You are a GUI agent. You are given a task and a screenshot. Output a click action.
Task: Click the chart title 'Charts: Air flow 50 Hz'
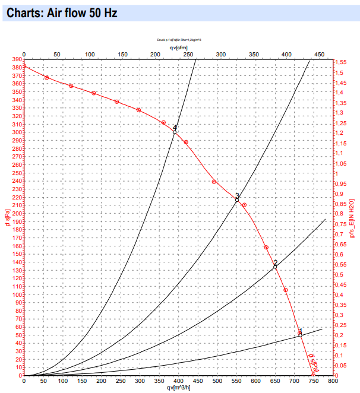pyautogui.click(x=56, y=12)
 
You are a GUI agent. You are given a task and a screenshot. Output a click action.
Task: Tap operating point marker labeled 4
pyautogui.click(x=175, y=132)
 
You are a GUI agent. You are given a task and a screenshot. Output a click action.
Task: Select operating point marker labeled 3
pyautogui.click(x=237, y=200)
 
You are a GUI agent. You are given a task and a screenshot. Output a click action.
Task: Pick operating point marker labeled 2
pyautogui.click(x=275, y=267)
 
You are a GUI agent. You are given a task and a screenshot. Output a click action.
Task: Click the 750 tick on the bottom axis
pyautogui.click(x=313, y=381)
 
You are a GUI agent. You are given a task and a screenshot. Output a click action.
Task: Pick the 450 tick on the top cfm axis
pyautogui.click(x=319, y=54)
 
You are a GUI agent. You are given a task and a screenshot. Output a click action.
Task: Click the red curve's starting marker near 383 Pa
pyautogui.click(x=24, y=66)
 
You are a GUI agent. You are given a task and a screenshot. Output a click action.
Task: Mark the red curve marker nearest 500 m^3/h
pyautogui.click(x=214, y=182)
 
